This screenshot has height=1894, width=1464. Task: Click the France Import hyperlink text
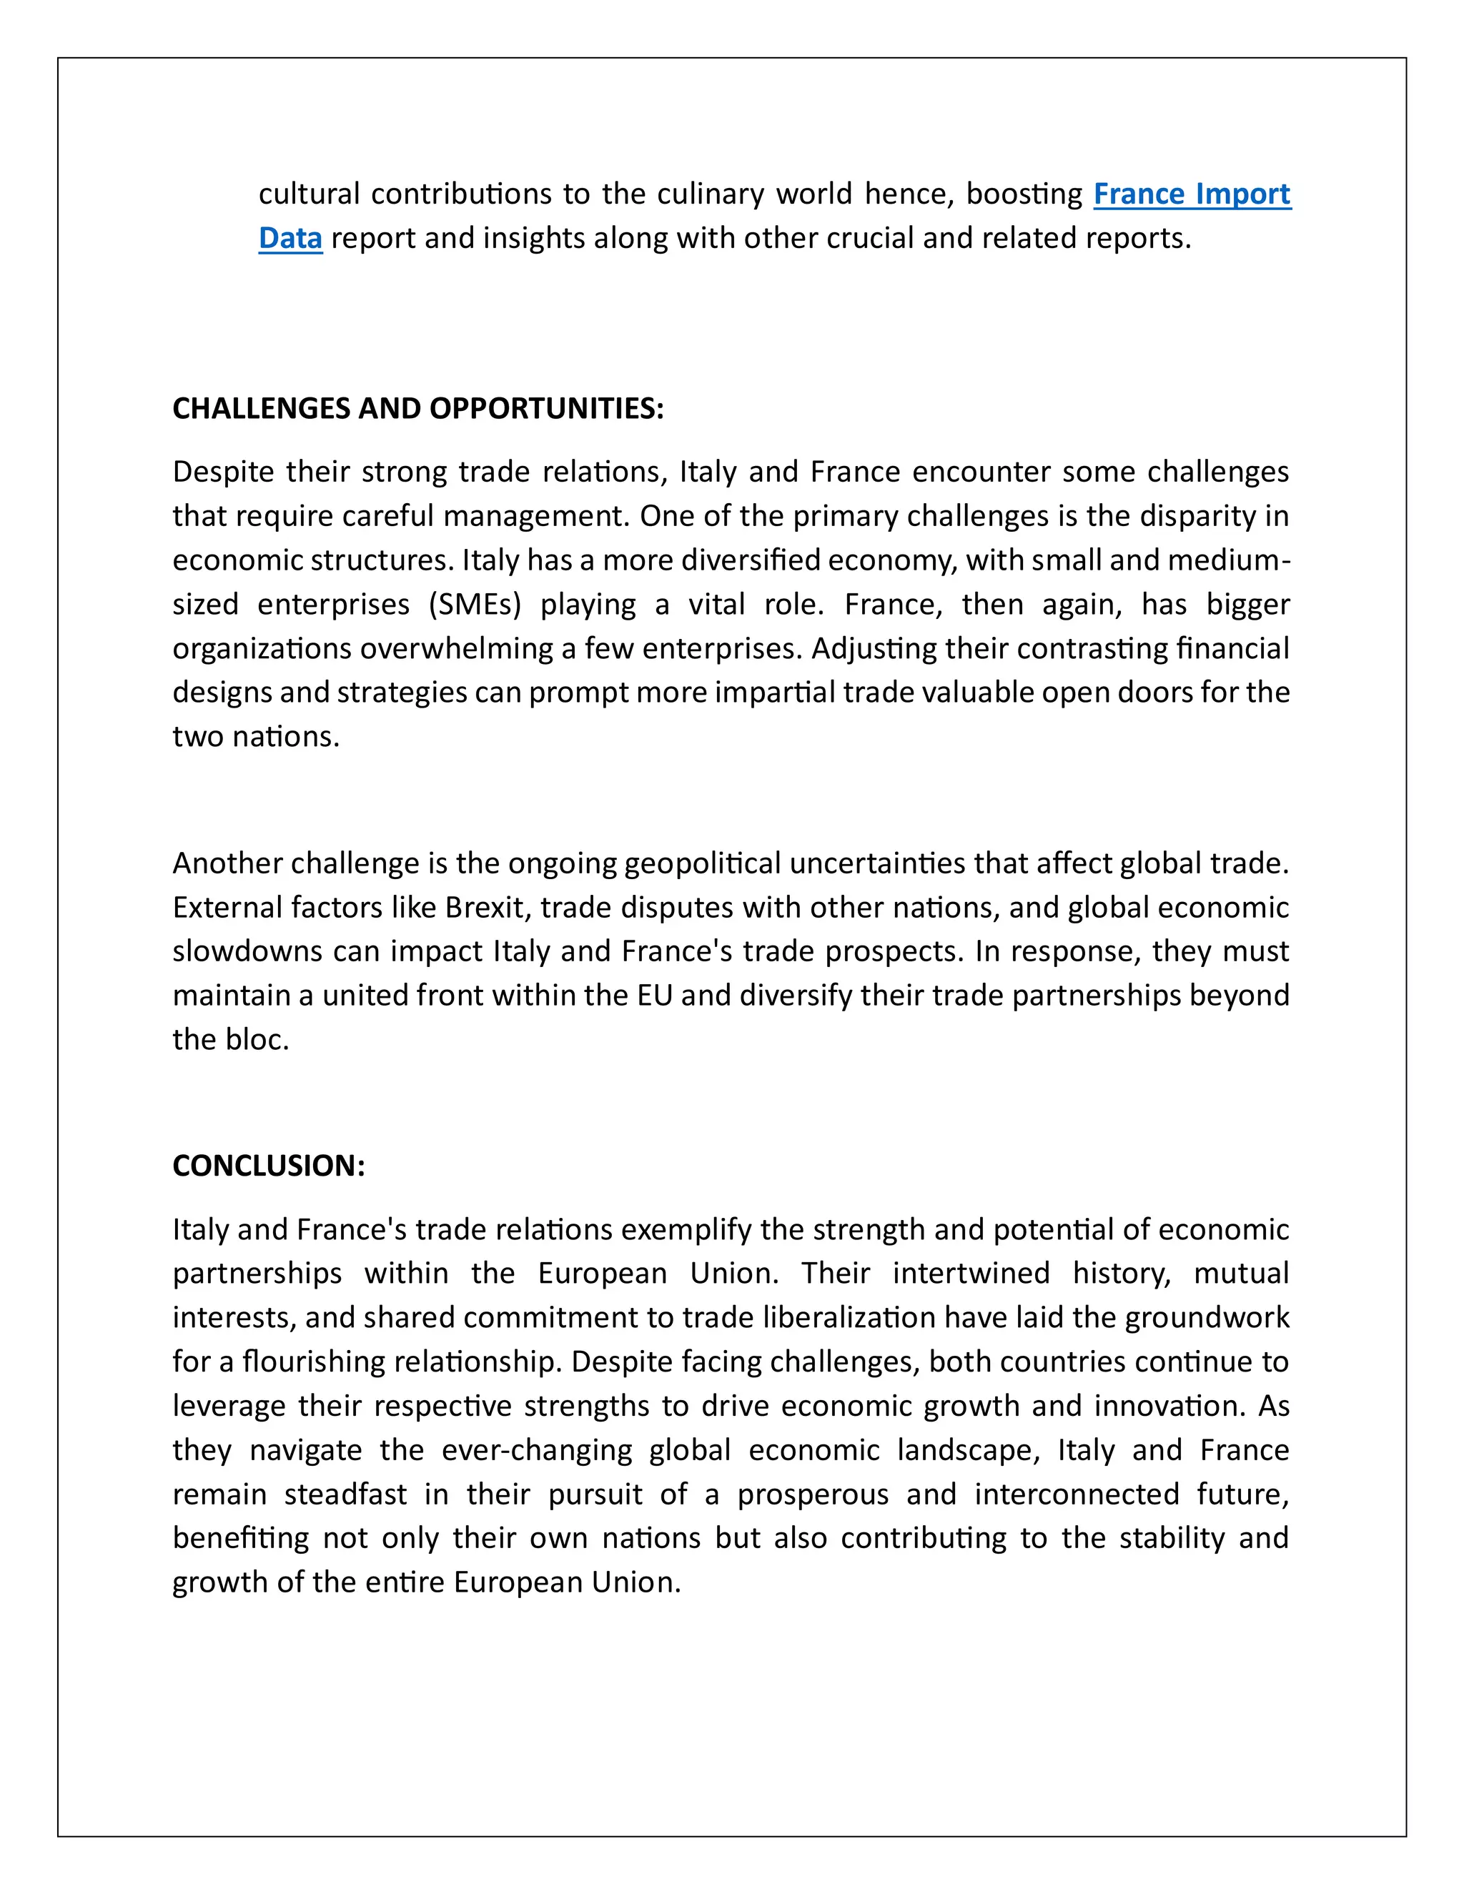[1192, 194]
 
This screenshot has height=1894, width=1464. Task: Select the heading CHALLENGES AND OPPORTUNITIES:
[418, 408]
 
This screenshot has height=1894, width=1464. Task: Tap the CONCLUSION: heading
[269, 1166]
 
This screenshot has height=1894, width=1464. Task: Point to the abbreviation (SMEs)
[475, 604]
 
